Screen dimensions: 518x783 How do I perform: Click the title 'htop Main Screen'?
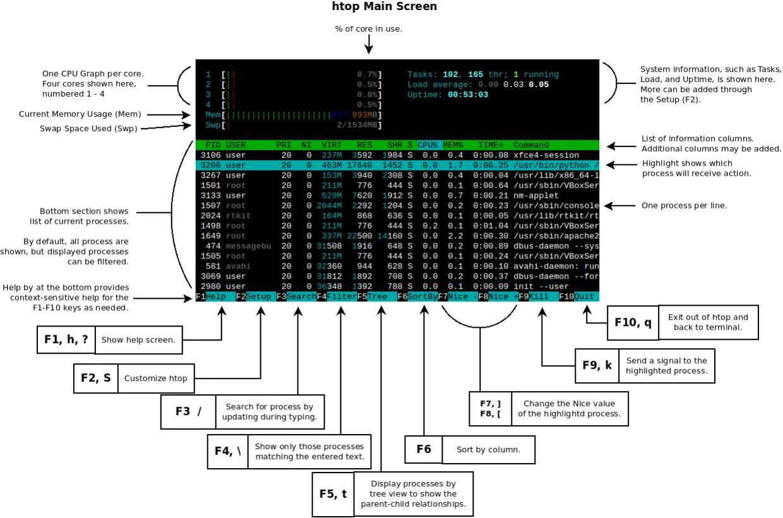pyautogui.click(x=384, y=7)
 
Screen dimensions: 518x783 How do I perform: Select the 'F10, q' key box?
pyautogui.click(x=633, y=322)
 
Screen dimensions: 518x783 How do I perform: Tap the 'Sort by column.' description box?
pyautogui.click(x=489, y=450)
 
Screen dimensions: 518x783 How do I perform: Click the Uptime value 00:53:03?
pyautogui.click(x=465, y=95)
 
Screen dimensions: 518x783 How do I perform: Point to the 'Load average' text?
pyautogui.click(x=438, y=85)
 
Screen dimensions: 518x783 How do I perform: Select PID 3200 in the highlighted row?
pyautogui.click(x=210, y=166)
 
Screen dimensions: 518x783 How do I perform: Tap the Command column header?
pyautogui.click(x=531, y=145)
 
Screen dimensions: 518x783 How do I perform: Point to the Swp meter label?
pyautogui.click(x=213, y=125)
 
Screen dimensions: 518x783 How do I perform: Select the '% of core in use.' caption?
pyautogui.click(x=369, y=29)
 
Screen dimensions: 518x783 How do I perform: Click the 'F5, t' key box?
pyautogui.click(x=332, y=495)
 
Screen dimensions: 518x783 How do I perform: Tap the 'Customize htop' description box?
pyautogui.click(x=155, y=378)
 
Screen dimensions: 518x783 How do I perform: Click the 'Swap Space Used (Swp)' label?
pyautogui.click(x=88, y=128)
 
